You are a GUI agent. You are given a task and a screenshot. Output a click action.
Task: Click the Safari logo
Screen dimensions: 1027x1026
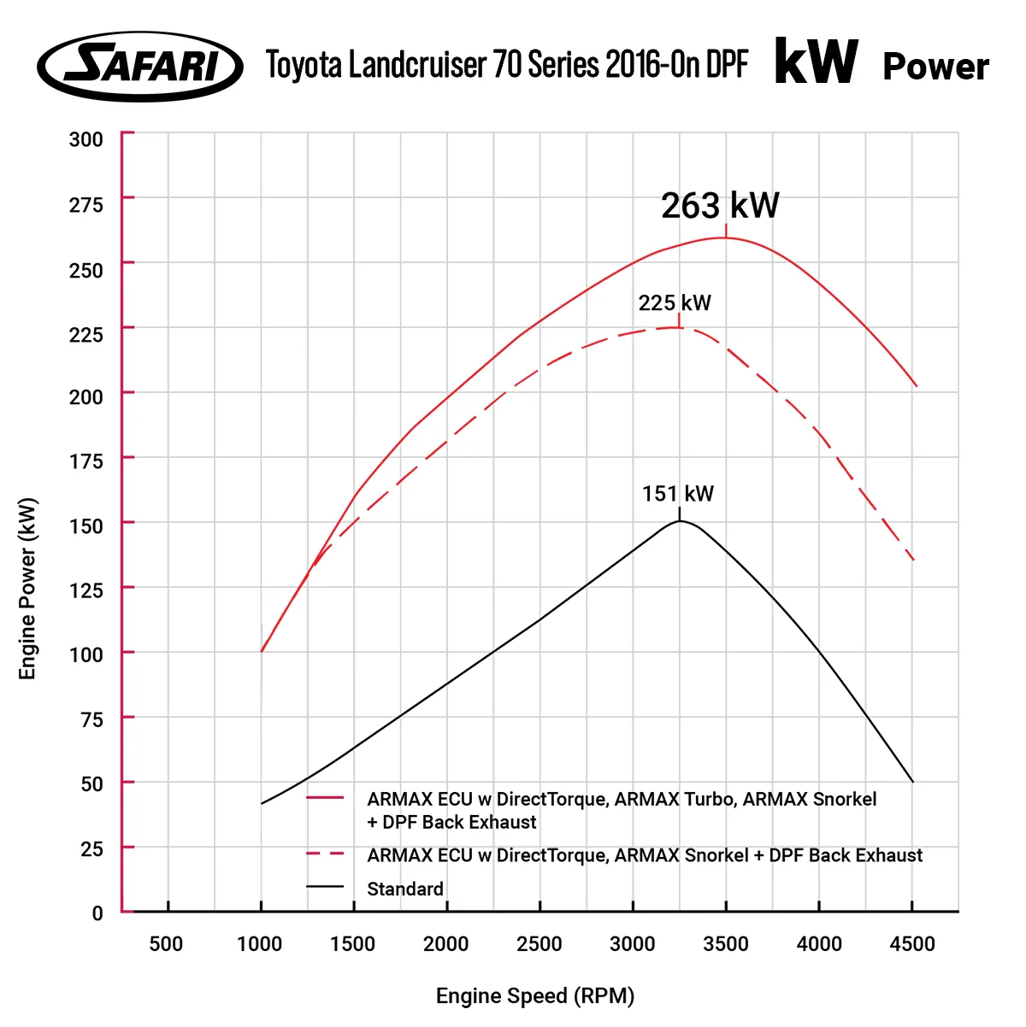(140, 67)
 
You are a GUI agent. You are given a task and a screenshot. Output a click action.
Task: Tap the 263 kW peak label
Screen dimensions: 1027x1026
(720, 206)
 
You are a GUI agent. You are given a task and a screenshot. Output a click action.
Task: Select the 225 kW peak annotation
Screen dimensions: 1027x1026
(675, 303)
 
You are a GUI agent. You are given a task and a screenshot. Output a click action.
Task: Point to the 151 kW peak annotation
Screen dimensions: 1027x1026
(678, 494)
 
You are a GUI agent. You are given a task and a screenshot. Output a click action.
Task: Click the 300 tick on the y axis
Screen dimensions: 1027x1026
(85, 139)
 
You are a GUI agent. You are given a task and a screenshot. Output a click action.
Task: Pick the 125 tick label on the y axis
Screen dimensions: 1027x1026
(85, 590)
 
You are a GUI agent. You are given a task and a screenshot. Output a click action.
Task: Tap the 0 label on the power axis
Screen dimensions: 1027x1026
(97, 913)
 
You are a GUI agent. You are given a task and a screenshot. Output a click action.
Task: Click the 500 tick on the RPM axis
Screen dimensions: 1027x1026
(166, 944)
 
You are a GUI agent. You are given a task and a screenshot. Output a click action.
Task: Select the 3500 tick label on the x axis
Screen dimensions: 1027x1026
(726, 944)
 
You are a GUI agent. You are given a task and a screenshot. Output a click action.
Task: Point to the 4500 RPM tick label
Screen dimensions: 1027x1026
(912, 944)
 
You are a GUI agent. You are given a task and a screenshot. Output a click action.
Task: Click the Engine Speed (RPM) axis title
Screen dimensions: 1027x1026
(535, 996)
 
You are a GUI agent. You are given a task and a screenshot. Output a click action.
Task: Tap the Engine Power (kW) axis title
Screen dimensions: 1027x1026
(28, 589)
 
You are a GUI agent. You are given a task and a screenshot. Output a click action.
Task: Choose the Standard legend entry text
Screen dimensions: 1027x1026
(405, 889)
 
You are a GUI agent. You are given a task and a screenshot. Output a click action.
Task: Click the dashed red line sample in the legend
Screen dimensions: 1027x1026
(325, 854)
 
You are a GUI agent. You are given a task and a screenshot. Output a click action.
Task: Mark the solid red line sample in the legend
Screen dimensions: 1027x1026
(325, 798)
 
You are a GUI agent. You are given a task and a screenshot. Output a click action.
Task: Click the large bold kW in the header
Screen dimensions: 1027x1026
(817, 62)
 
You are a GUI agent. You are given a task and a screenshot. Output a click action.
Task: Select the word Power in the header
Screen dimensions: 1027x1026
(935, 67)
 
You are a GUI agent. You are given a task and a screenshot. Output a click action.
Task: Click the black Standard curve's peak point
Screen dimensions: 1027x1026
(680, 520)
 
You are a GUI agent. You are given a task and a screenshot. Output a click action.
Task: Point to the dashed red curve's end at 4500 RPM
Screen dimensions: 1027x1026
(913, 560)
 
